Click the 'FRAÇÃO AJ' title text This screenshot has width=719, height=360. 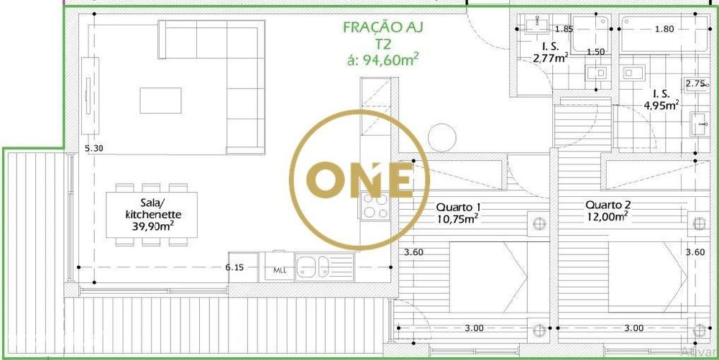[x=383, y=28]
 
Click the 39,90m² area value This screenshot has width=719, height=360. [x=152, y=226]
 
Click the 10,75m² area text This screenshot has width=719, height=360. [x=457, y=220]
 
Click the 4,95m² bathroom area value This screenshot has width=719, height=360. [x=661, y=106]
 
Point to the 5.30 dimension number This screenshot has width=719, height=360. [x=93, y=148]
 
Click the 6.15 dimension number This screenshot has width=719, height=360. [x=234, y=267]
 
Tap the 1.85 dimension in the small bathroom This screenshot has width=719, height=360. [x=564, y=29]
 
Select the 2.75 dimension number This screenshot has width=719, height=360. [x=695, y=83]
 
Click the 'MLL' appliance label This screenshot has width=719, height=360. [x=279, y=271]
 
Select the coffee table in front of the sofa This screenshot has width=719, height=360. [x=160, y=100]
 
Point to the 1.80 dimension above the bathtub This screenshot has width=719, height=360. [x=664, y=29]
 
